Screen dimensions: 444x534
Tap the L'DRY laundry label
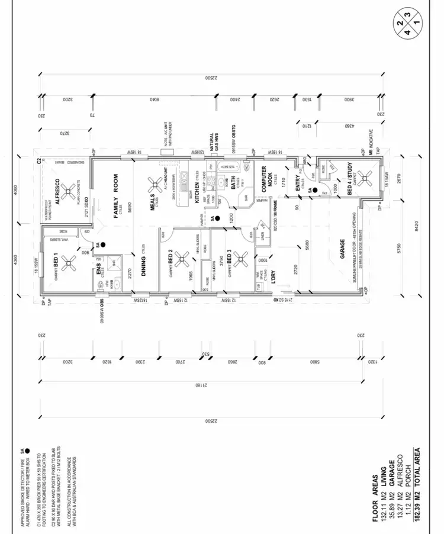point(274,278)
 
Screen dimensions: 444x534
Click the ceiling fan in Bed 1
point(71,261)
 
